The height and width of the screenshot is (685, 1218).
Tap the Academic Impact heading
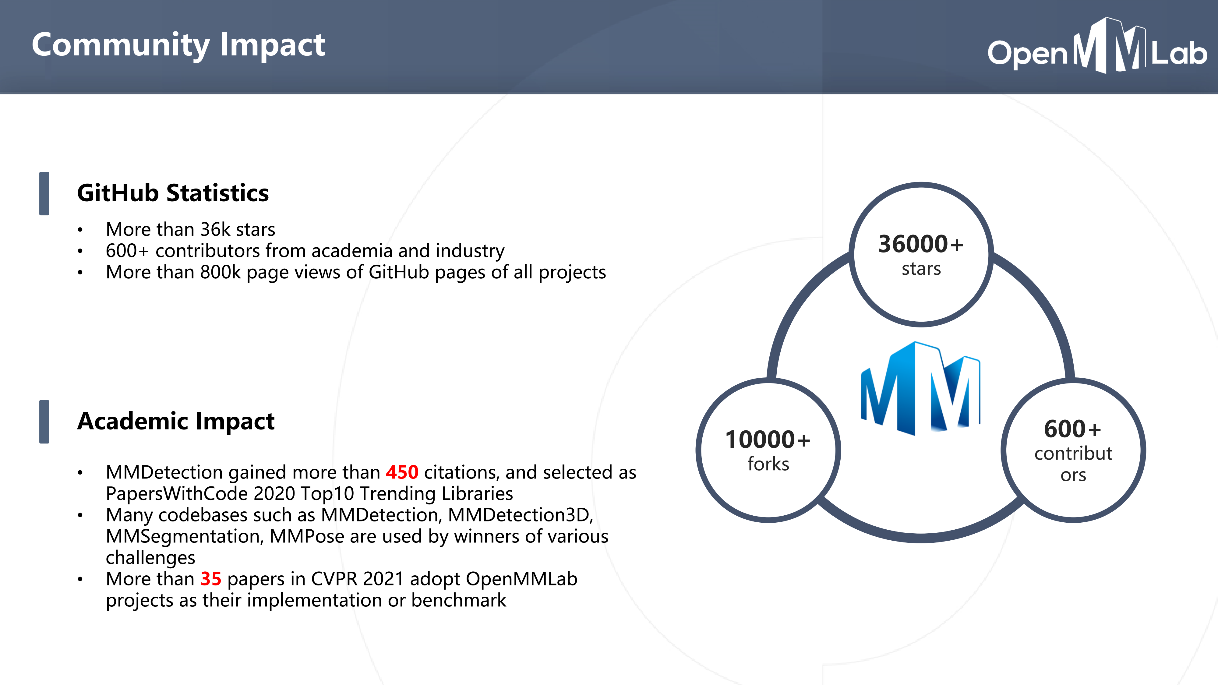175,421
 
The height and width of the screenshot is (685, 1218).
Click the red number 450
402,472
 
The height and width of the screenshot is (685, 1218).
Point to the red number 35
211,579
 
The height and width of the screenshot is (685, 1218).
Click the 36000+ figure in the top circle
920,244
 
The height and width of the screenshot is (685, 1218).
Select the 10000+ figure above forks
768,440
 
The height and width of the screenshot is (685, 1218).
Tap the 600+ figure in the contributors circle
1072,429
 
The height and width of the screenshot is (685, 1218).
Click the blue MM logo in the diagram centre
920,389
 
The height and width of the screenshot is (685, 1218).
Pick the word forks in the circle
768,464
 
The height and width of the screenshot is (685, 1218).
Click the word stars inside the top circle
921,269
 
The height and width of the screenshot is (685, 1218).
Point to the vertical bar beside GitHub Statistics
44,194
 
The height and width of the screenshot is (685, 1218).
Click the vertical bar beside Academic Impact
44,422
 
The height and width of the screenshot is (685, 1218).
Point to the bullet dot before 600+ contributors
80,251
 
